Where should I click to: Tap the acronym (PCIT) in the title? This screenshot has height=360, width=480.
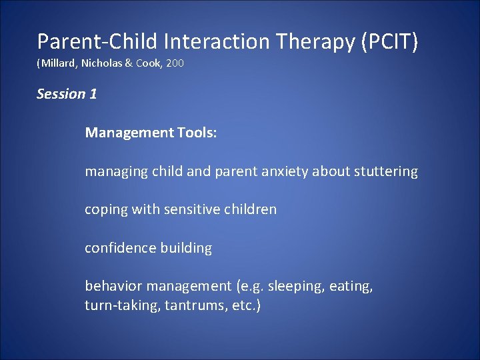coord(390,41)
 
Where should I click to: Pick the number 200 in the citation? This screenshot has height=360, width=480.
coord(175,64)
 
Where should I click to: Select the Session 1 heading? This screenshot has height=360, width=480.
coord(67,94)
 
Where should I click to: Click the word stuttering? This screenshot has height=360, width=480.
coord(385,171)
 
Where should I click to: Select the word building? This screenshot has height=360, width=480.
coord(186,248)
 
